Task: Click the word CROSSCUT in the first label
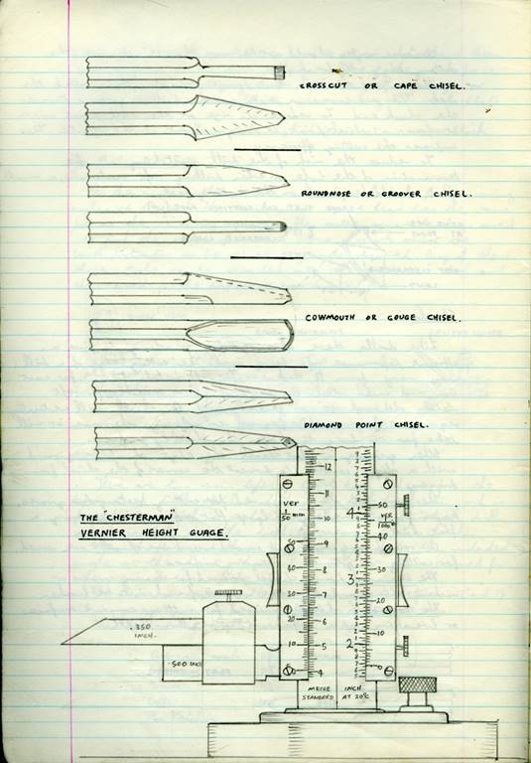322,86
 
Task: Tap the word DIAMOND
323,424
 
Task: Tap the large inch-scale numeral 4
349,515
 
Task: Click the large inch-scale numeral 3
349,578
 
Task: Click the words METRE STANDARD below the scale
319,691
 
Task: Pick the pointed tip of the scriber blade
63,642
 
